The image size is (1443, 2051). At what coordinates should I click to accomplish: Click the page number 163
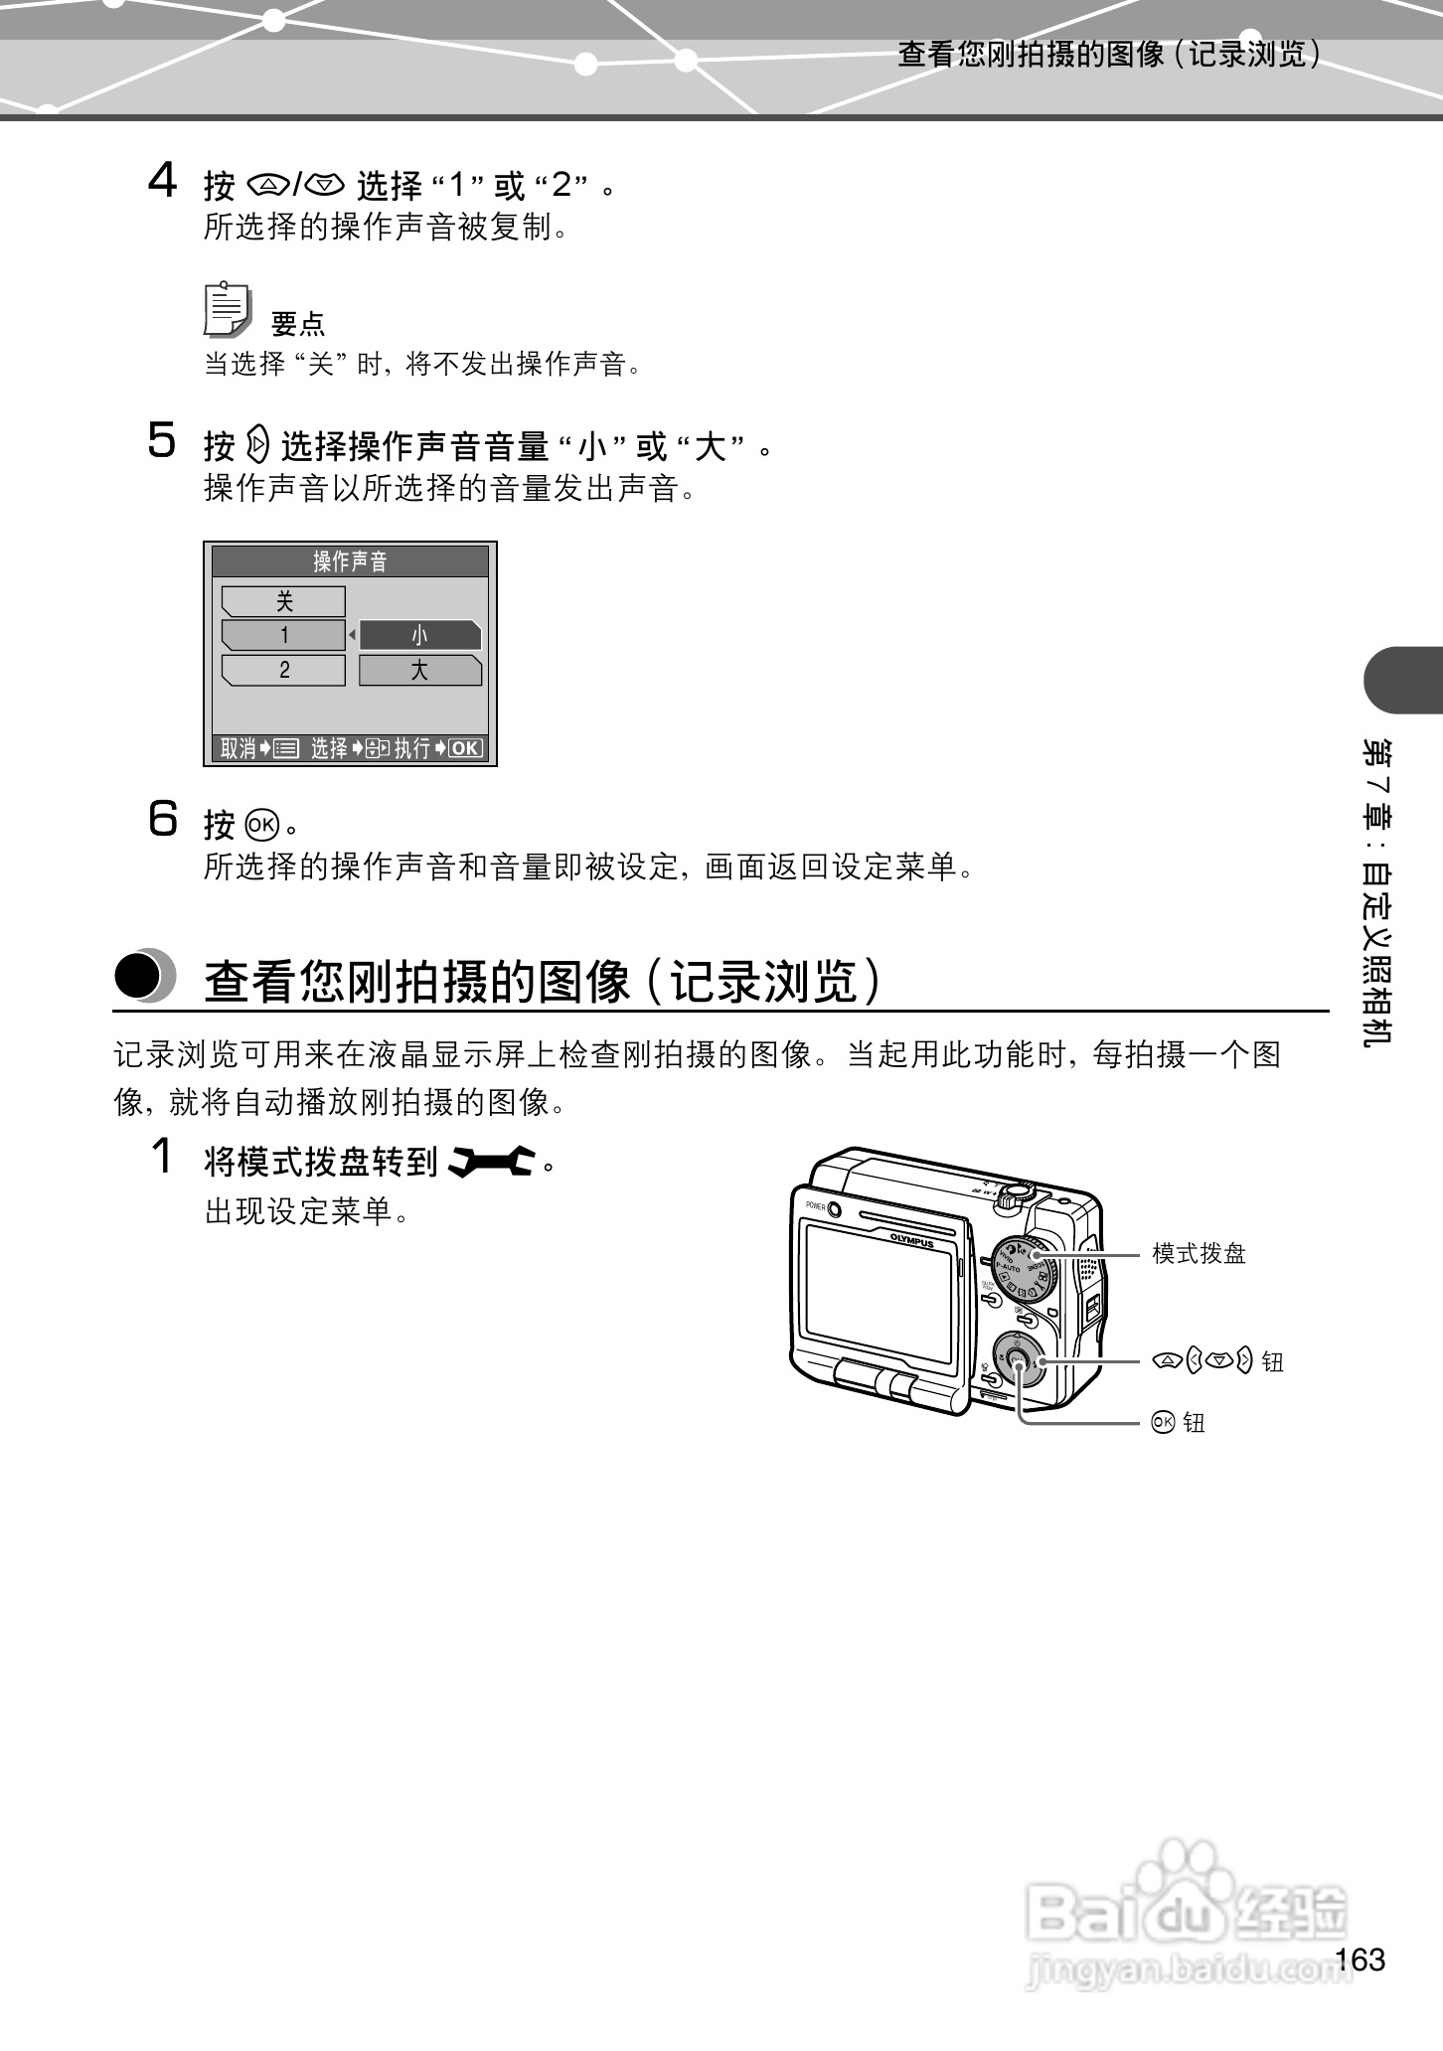click(1361, 1960)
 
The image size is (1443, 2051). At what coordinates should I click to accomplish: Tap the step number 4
click(162, 182)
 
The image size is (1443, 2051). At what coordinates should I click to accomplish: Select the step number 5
click(162, 441)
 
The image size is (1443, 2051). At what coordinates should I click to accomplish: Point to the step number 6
click(163, 820)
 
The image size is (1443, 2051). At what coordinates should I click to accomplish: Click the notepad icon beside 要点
click(228, 310)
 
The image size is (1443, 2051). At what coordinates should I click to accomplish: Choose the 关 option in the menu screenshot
click(283, 601)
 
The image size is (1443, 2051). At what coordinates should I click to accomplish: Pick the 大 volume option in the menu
click(419, 671)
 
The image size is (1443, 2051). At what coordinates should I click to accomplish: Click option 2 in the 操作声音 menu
click(283, 671)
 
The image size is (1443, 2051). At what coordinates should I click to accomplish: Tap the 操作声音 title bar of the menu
click(350, 561)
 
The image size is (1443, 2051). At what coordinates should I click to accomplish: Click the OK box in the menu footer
click(465, 749)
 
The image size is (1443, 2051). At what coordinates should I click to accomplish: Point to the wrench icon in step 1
click(492, 1162)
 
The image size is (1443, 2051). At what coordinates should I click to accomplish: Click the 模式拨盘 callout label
click(1199, 1254)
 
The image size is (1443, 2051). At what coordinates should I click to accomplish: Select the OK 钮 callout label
click(1180, 1423)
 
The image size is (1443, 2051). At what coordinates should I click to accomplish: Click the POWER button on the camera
click(834, 1209)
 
